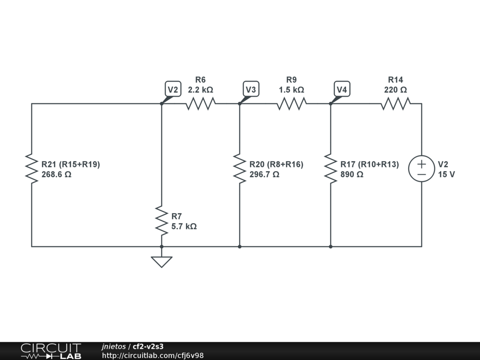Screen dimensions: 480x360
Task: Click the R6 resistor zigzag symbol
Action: click(x=200, y=104)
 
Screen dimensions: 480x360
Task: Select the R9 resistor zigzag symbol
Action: click(x=291, y=104)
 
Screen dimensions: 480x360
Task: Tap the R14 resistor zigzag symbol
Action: click(x=395, y=104)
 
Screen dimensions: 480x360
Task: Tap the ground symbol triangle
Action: click(x=161, y=262)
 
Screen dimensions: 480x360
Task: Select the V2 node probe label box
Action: click(x=173, y=89)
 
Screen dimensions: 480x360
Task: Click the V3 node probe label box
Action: click(x=251, y=89)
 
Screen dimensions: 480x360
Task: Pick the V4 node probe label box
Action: click(x=342, y=89)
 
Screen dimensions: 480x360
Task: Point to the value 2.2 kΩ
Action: click(x=200, y=90)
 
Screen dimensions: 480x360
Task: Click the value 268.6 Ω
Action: click(x=56, y=174)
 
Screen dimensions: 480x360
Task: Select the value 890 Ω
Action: click(x=352, y=174)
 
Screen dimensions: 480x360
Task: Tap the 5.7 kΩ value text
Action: click(x=184, y=226)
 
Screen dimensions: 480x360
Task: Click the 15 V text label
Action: click(x=446, y=174)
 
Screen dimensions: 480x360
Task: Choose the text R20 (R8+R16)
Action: click(x=276, y=165)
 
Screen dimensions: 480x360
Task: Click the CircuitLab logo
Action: click(x=51, y=351)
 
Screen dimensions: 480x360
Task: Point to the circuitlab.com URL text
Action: click(x=153, y=356)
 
